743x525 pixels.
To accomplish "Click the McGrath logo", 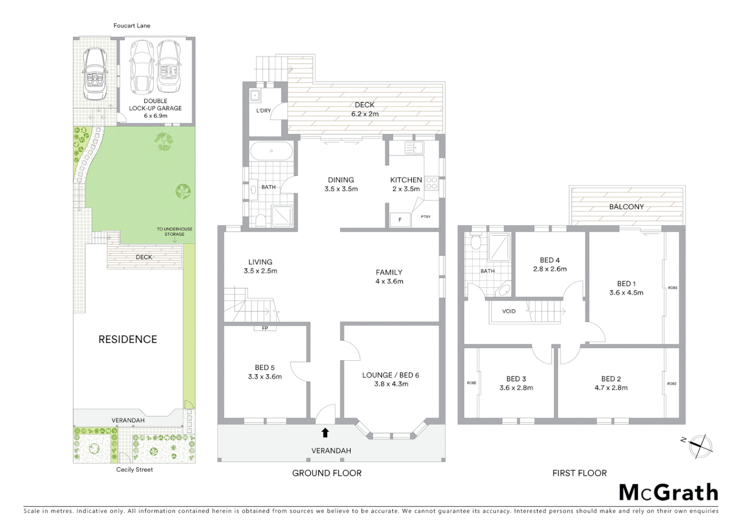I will click(x=669, y=492).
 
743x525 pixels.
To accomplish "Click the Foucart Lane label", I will click(x=132, y=25).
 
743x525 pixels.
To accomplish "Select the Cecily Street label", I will click(x=134, y=470).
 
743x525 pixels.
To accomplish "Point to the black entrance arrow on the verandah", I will click(x=325, y=433).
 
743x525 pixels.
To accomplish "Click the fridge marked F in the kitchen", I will click(x=400, y=220).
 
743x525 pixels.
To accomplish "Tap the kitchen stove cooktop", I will click(x=431, y=183).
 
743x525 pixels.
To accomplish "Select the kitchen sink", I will click(x=415, y=147).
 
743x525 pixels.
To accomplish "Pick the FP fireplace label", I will click(x=265, y=328).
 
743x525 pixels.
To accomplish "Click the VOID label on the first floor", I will click(x=509, y=311).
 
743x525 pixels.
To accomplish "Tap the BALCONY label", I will click(x=626, y=207).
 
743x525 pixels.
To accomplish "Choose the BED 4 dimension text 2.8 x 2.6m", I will click(x=550, y=269).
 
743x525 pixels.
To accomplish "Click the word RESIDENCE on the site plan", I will click(x=128, y=339).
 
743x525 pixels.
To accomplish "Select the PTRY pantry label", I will click(x=425, y=217).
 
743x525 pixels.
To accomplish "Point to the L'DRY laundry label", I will click(x=264, y=111).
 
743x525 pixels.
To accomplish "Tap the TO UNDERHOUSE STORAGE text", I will click(x=174, y=231).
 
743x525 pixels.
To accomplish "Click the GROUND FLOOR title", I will click(x=327, y=473).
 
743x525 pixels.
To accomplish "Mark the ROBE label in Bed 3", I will click(x=472, y=383).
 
